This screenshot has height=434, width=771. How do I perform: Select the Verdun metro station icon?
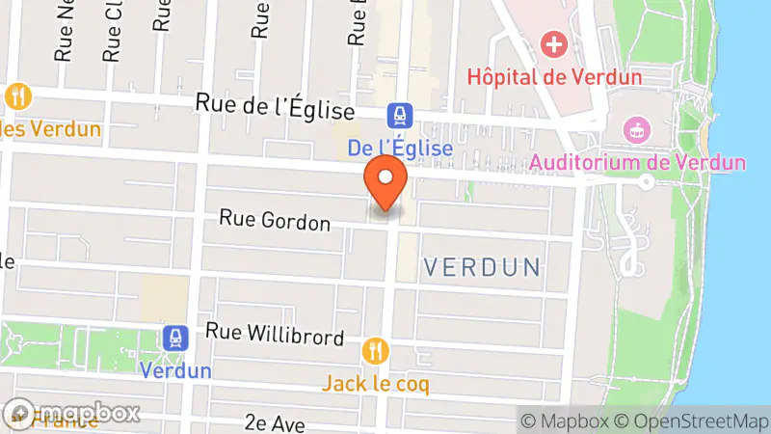[175, 338]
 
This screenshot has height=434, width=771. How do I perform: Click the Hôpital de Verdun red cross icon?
[553, 43]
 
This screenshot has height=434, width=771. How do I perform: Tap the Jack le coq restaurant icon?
[376, 350]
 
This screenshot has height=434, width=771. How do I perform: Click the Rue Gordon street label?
[275, 220]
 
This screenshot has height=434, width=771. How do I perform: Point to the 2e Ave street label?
[275, 423]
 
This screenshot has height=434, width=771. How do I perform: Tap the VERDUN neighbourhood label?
[482, 267]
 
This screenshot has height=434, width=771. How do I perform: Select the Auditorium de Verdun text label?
[637, 161]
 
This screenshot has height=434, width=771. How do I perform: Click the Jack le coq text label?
[376, 383]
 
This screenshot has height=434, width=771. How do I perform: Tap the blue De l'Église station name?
[399, 149]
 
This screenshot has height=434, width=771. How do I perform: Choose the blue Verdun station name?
[175, 370]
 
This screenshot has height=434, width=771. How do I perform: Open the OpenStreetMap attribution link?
[691, 421]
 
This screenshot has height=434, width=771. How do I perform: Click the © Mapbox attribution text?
[566, 421]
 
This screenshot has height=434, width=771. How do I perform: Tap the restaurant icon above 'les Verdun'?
[18, 96]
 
